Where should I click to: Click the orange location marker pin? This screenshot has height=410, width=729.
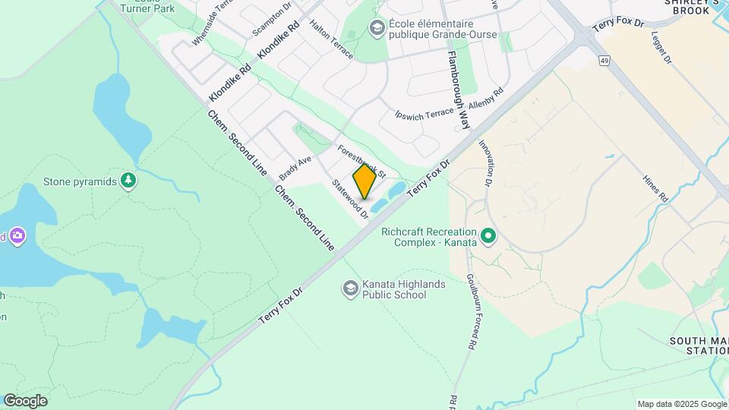[x=364, y=181]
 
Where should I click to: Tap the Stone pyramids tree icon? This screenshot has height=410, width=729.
[x=129, y=181]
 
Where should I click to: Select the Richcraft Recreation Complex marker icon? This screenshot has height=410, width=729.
[x=488, y=237]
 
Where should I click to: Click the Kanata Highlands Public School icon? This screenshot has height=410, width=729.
[x=350, y=289]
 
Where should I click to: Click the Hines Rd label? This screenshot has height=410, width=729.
[x=655, y=187]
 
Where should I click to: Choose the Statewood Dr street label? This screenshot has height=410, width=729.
[x=350, y=199]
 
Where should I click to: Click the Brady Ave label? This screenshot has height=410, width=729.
[x=295, y=166]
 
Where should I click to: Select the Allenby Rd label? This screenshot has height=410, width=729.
[x=487, y=101]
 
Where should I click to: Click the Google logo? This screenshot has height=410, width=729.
[x=25, y=401]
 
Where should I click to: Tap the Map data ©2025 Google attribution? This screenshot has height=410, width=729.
[x=681, y=404]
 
